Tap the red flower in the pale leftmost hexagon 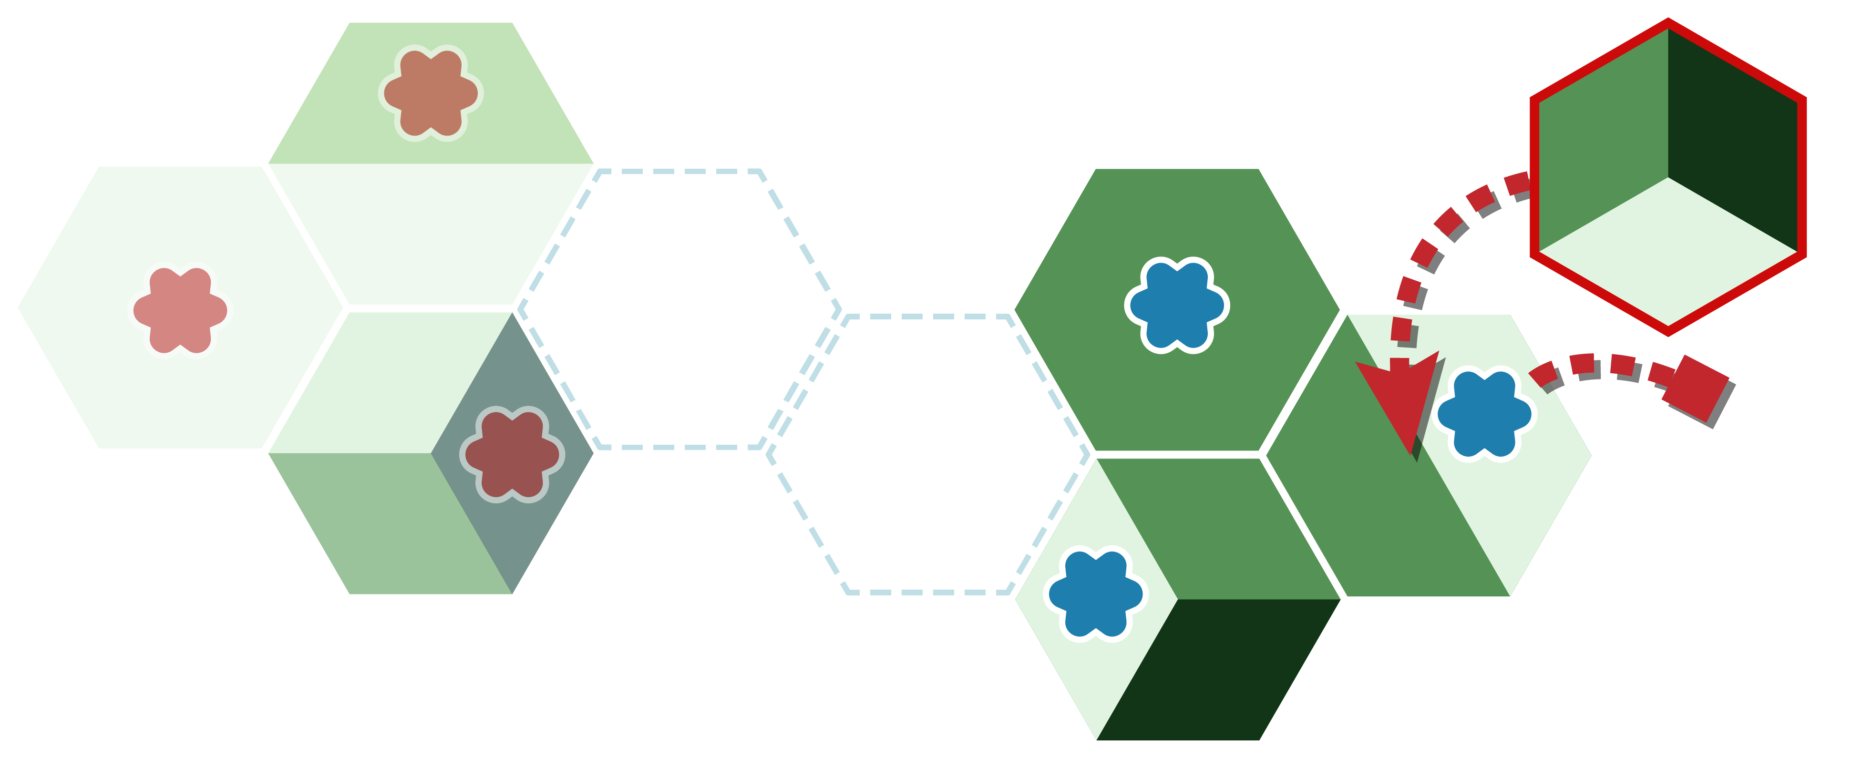click(180, 310)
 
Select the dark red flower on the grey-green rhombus click(512, 454)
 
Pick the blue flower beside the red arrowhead click(1484, 414)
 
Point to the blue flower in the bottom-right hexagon click(1096, 593)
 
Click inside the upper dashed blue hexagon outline click(679, 309)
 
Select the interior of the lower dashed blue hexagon click(927, 454)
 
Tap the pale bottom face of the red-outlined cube click(1668, 255)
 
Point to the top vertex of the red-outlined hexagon click(1668, 22)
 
